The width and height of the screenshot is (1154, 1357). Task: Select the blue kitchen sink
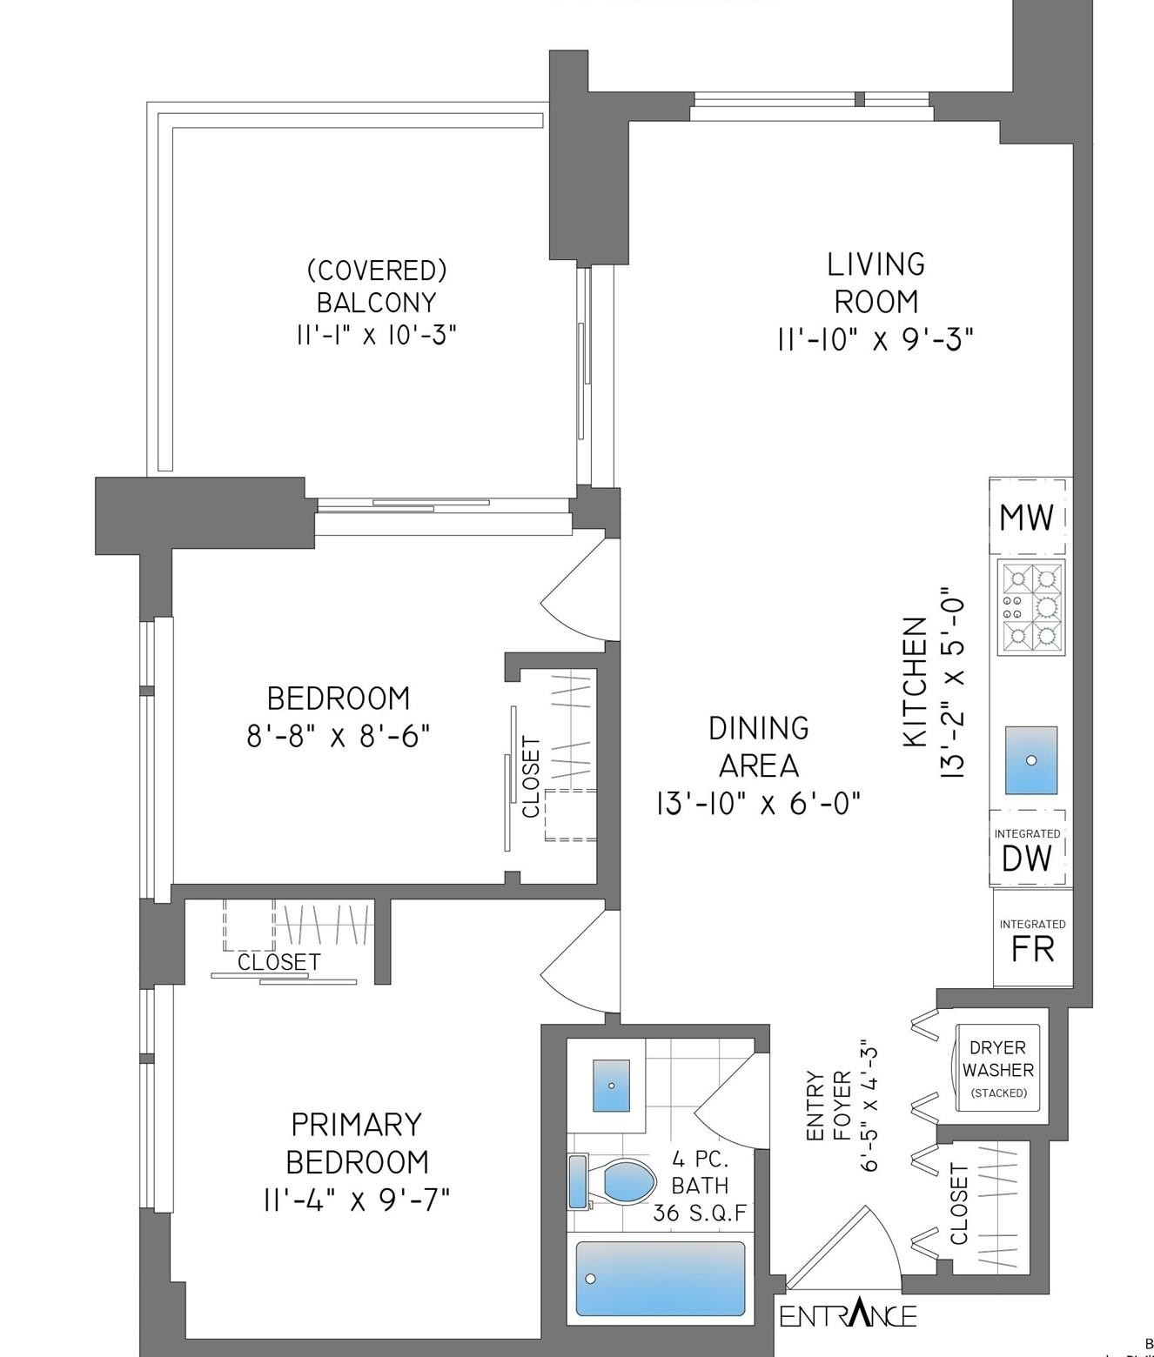tap(1031, 760)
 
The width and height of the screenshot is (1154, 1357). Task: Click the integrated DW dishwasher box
tap(1027, 850)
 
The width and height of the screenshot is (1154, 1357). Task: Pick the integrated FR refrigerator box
tap(1032, 939)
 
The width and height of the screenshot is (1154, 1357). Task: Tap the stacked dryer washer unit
tap(998, 1068)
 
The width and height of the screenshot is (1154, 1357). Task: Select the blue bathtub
tap(661, 1278)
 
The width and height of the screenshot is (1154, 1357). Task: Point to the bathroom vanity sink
tap(611, 1085)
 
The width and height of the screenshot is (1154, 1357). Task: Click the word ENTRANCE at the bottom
tap(848, 1315)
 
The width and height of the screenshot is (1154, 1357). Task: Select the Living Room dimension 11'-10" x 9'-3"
tap(875, 339)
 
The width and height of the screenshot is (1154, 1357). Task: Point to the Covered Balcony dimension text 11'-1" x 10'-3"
tap(377, 335)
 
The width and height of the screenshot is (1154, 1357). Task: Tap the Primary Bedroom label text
tap(357, 1142)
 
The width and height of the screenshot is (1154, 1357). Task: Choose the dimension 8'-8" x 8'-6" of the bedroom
tap(339, 737)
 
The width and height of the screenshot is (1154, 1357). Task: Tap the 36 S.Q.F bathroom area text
tap(700, 1213)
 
